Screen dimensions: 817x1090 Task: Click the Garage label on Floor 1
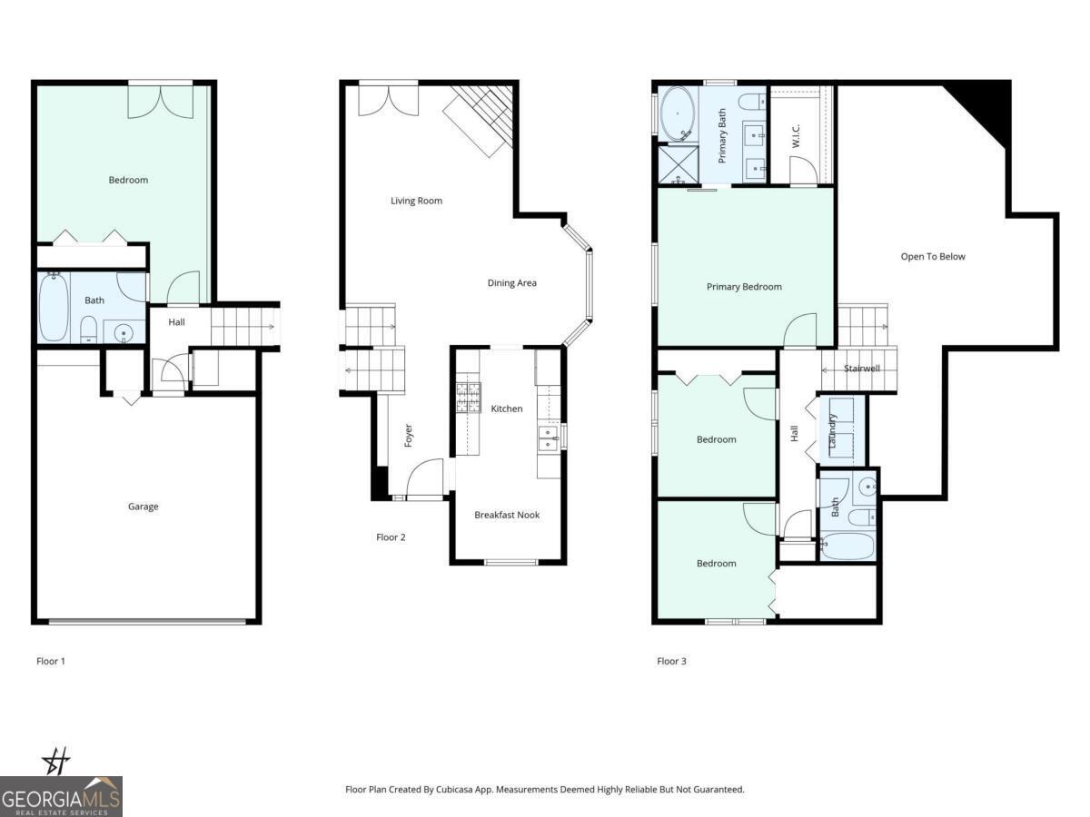(143, 507)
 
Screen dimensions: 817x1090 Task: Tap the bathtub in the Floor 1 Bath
(54, 308)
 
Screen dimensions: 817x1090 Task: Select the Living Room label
(416, 201)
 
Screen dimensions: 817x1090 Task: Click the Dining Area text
(511, 283)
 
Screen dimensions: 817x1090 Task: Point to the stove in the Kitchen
(468, 398)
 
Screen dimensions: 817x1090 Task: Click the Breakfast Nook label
(507, 515)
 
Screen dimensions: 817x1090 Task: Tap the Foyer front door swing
(424, 479)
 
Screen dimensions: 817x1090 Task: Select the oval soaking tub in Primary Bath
(678, 114)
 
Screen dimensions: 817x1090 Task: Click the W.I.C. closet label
(795, 137)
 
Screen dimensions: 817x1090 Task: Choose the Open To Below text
(933, 257)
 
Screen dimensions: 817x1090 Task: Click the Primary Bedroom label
(744, 287)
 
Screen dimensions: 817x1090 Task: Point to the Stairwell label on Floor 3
(861, 369)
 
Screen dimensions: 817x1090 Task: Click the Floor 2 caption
(391, 537)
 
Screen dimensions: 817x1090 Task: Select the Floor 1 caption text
(51, 661)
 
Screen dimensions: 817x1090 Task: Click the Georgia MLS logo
(61, 796)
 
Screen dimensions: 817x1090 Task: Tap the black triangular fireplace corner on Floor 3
(986, 105)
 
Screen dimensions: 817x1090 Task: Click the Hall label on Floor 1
(176, 321)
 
